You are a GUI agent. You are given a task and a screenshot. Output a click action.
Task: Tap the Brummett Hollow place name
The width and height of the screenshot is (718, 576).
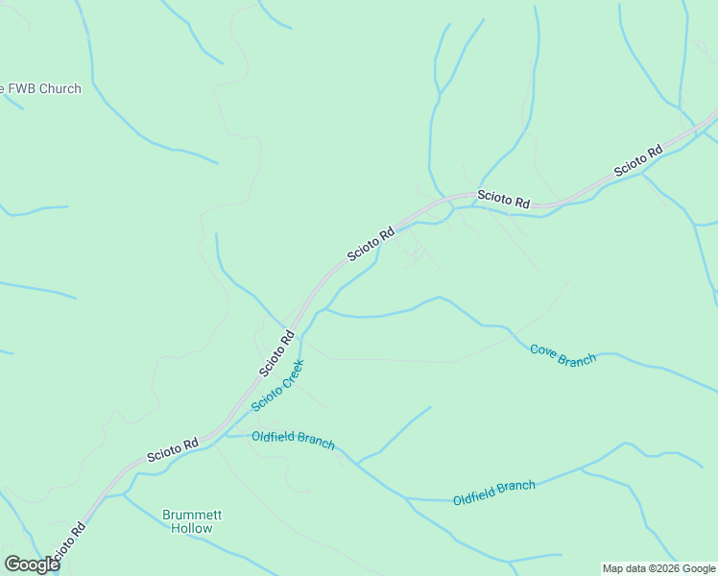pos(192,521)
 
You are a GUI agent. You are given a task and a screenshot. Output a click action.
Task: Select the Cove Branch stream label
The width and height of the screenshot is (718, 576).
pos(562,354)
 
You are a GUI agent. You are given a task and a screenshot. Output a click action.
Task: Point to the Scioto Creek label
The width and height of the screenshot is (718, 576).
pos(277,385)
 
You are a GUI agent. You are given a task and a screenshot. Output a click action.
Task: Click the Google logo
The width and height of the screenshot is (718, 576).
pos(32,564)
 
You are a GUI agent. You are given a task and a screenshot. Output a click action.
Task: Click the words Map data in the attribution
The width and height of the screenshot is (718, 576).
pos(624,568)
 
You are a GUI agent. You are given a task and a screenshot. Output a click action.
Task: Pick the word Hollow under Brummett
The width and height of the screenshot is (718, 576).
pos(192,528)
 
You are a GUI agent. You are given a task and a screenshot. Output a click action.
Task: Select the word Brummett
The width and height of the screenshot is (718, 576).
pos(192,515)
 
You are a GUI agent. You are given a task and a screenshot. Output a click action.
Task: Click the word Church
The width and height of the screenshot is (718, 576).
pos(59,89)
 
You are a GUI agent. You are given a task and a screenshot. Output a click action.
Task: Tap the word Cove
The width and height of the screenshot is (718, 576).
pos(544,349)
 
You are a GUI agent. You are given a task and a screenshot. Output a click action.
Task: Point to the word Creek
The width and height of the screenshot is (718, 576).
pos(290,373)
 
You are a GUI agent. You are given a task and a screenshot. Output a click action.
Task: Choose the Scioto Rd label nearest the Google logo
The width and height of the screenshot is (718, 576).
pos(65,543)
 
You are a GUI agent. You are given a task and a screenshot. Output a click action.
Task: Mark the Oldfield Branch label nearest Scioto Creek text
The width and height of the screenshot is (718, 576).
pos(293,439)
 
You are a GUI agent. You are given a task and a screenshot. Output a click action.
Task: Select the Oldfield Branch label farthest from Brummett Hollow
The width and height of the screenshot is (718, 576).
pos(493,492)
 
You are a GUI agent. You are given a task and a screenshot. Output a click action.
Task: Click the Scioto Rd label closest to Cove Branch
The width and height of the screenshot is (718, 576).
pos(504,199)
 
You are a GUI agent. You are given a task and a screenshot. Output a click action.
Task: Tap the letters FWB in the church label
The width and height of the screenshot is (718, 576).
pos(20,89)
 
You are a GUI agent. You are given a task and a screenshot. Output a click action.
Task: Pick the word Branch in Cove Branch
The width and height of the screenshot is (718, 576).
pos(577,359)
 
